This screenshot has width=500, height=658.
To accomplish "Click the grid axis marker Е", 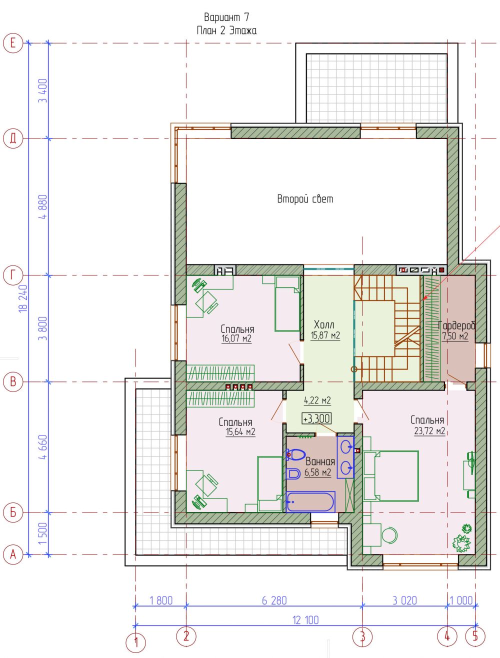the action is click(13, 43).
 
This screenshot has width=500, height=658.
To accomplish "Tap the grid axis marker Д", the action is click(13, 138).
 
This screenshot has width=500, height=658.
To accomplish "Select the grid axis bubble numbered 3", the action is click(362, 636).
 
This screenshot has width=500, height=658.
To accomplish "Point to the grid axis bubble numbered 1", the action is click(136, 642).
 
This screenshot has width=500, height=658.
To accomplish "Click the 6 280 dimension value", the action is click(274, 600).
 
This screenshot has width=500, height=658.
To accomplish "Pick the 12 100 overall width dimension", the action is click(305, 620).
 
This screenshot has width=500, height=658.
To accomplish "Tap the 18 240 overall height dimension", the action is click(23, 298).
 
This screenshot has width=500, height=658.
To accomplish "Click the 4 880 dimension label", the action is click(43, 207).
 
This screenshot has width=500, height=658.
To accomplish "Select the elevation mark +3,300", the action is click(316, 418).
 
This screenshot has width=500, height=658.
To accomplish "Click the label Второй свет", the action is click(305, 199).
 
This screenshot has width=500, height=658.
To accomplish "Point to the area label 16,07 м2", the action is click(236, 339).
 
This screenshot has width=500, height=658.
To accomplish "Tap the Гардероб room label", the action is click(456, 325).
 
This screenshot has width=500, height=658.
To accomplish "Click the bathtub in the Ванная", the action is click(310, 502).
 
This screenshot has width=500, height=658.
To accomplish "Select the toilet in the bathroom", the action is click(295, 455).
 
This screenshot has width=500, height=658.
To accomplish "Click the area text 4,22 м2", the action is click(317, 400).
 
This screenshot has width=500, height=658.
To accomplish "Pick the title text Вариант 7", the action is click(226, 17).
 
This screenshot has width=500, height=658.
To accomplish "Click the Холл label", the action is click(324, 324).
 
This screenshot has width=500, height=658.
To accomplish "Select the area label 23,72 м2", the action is click(429, 431).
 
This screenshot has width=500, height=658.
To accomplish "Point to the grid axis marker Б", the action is click(13, 512).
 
